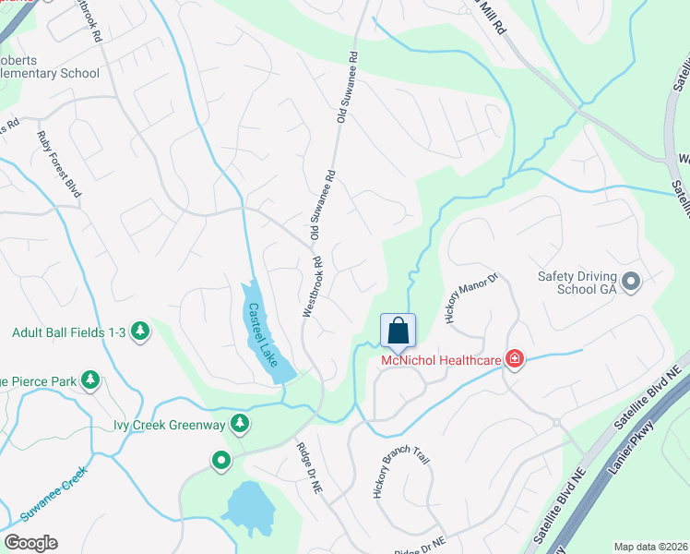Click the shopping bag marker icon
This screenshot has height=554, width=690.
pyautogui.click(x=398, y=331)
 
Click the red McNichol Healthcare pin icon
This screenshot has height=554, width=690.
pyautogui.click(x=514, y=359)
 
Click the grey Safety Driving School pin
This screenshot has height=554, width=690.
pyautogui.click(x=631, y=281)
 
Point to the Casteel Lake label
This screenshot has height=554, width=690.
pyautogui.click(x=261, y=338)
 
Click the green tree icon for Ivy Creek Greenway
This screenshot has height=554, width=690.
pyautogui.click(x=240, y=424)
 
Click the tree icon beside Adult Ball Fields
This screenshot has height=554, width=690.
pyautogui.click(x=139, y=331)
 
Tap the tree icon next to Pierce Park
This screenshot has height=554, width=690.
pyautogui.click(x=89, y=379)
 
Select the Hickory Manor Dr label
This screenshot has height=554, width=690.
pyautogui.click(x=471, y=297)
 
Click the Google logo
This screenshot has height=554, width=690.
pyautogui.click(x=30, y=543)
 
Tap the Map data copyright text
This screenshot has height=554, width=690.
pyautogui.click(x=651, y=547)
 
